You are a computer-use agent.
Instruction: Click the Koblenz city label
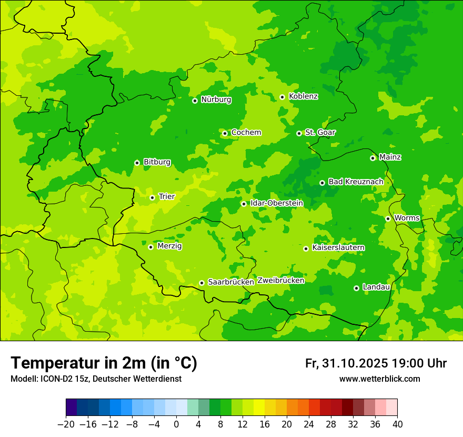(303, 96)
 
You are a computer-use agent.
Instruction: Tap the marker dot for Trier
(152, 197)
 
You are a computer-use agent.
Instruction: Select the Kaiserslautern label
(338, 247)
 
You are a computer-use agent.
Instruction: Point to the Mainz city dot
(373, 158)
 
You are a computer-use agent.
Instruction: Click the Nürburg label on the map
(216, 100)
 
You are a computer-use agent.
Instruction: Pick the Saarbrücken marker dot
(202, 283)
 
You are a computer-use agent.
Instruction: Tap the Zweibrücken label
(280, 280)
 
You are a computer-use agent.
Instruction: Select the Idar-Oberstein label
(276, 203)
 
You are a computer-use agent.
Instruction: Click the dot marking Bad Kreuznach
(322, 183)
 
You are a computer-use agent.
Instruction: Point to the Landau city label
(376, 287)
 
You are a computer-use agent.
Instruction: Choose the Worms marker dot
(388, 219)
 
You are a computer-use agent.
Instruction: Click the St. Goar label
(320, 133)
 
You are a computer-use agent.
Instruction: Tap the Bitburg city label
(157, 162)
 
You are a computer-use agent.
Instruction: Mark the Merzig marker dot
(150, 247)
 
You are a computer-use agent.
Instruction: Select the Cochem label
(246, 133)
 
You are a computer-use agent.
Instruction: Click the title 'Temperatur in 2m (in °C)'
(104, 363)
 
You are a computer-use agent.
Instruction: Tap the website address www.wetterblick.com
(379, 379)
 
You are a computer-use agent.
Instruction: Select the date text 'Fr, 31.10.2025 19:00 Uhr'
(376, 363)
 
